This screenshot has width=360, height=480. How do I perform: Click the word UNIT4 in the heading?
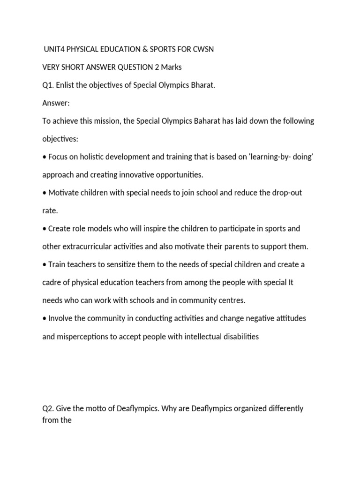(54, 49)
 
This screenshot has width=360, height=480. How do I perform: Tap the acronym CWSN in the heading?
(203, 49)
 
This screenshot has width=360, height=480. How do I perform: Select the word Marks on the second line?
(171, 67)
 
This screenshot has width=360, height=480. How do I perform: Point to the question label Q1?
(48, 85)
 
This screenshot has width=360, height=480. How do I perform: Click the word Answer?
(55, 103)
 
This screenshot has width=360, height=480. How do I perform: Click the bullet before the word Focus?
(45, 157)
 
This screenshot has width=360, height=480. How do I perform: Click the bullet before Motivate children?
(45, 193)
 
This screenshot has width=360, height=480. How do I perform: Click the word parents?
(248, 247)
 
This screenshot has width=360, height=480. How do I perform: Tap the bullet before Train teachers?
(45, 265)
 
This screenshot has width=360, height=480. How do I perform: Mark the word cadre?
(52, 283)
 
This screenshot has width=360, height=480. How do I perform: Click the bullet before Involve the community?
(45, 319)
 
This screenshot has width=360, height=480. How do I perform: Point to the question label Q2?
(48, 408)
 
